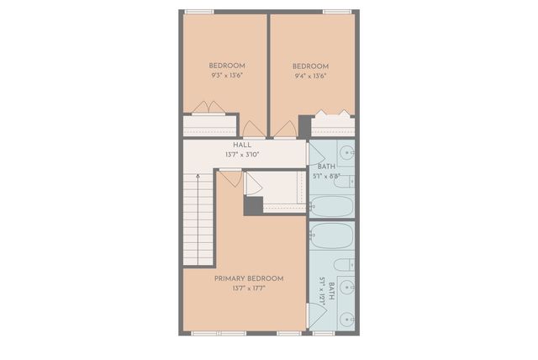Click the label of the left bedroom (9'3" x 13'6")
[227, 66]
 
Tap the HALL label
[242, 146]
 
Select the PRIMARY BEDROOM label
[249, 278]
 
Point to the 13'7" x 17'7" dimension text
[249, 289]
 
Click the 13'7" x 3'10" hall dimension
[242, 155]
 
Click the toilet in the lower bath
[345, 265]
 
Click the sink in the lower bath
[346, 319]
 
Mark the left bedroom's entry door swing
[253, 130]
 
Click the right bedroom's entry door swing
[285, 130]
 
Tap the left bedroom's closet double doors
[208, 108]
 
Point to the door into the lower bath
[316, 316]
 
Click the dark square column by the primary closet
[254, 205]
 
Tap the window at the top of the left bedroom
[199, 12]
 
